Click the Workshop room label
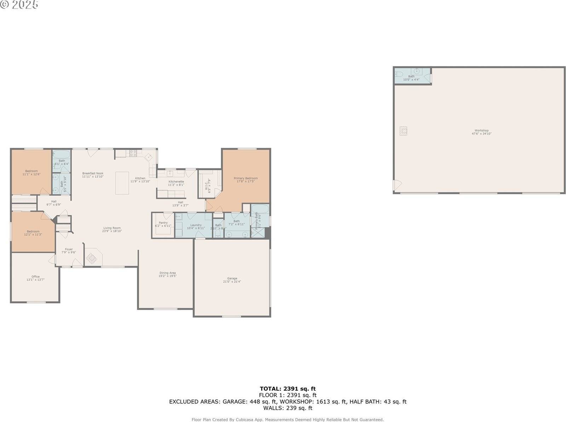(481, 132)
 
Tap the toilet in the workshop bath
(399, 74)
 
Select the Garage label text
(232, 280)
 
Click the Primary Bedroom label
(246, 180)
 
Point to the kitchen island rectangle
(122, 183)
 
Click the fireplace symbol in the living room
(92, 258)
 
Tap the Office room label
(35, 278)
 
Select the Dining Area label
(167, 274)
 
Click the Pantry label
(163, 224)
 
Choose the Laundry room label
(196, 226)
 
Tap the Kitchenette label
(176, 183)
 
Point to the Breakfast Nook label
(93, 175)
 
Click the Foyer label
(69, 251)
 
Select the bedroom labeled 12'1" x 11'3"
(33, 233)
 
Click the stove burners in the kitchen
(133, 153)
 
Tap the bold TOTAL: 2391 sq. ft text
(288, 389)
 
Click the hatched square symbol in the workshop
(403, 131)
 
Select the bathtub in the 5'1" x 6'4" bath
(62, 155)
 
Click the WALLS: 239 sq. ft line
(288, 408)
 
